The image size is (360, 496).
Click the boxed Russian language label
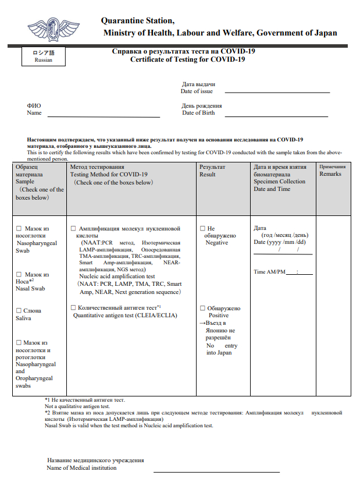(x=43, y=56)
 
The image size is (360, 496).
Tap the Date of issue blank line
(x=277, y=92)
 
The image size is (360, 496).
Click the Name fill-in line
(x=103, y=116)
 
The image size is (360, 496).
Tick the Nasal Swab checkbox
(x=19, y=275)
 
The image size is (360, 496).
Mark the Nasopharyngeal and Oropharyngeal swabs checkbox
(x=19, y=343)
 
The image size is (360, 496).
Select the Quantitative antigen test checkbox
(x=73, y=307)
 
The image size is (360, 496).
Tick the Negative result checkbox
(x=202, y=229)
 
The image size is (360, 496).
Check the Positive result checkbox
(x=202, y=309)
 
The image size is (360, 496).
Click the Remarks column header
(x=330, y=174)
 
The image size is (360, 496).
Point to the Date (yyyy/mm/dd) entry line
(x=283, y=253)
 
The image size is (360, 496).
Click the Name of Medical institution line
(x=216, y=471)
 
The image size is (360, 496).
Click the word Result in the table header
(x=208, y=174)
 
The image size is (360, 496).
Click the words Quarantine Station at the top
(x=138, y=21)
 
